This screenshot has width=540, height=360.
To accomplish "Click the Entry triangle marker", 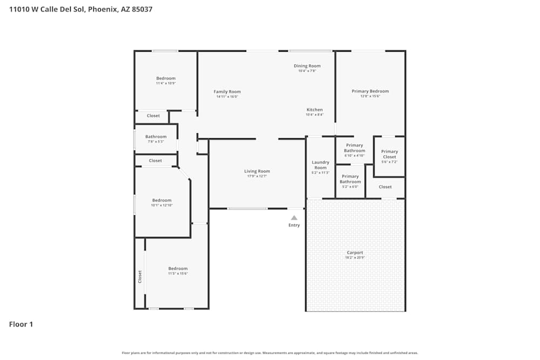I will coord(294,218).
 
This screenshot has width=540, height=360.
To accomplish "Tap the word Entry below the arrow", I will coord(294,225).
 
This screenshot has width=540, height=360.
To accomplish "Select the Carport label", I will coord(355,253).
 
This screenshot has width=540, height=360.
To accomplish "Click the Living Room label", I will coord(257,171).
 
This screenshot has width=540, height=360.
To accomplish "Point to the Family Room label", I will coord(227,92).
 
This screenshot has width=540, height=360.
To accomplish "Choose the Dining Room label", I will coord(307,66).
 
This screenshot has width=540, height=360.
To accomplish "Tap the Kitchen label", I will coord(314,110).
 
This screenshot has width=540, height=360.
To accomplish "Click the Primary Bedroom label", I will coord(370,91).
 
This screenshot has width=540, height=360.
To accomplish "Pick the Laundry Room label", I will coord(320,165).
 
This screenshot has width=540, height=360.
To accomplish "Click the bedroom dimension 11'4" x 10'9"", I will coord(166,83).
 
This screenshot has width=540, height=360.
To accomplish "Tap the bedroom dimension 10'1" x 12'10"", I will coord(161,205).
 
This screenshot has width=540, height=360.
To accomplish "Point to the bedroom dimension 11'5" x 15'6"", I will coord(178,274).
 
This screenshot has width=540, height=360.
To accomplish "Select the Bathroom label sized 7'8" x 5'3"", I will coord(156,137).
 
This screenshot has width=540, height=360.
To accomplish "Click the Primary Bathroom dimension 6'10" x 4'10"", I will coord(354,155).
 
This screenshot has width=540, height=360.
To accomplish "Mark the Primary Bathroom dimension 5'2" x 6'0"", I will coord(350,187).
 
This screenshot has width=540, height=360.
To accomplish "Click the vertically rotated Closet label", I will coord(140,276).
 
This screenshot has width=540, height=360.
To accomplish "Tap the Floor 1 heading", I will coord(21,324).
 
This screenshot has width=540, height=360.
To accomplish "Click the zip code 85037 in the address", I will coord(140,9).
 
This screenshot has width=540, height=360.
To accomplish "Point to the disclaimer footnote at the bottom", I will coord(270,353).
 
